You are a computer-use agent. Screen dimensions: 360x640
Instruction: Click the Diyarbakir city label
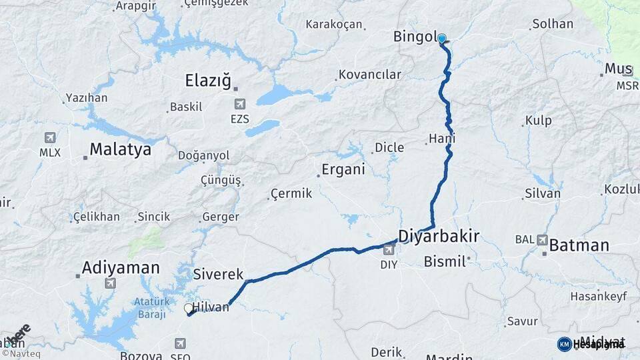tap(439, 234)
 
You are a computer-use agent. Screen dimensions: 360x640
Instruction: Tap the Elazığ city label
tap(208, 82)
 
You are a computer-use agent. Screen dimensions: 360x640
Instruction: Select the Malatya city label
tap(120, 149)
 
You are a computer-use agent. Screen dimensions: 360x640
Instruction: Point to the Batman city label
tap(579, 245)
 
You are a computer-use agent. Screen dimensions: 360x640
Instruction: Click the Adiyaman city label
tap(121, 268)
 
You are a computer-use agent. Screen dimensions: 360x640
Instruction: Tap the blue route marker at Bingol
tap(441, 39)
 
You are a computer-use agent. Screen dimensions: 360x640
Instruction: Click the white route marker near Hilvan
tap(189, 308)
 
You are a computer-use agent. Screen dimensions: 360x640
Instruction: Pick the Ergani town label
tap(343, 169)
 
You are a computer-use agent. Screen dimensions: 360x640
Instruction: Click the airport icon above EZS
tap(239, 104)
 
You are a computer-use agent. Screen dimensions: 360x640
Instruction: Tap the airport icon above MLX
tap(49, 137)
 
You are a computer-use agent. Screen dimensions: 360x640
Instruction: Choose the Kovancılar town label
tap(370, 74)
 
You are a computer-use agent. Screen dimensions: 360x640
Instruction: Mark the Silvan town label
tap(543, 193)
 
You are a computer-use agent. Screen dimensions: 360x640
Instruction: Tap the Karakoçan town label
tap(334, 25)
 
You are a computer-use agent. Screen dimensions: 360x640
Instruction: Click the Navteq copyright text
tap(23, 353)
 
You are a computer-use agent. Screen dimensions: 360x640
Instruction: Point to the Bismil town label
tap(444, 261)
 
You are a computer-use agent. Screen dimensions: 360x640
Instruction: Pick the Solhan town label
tap(553, 24)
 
